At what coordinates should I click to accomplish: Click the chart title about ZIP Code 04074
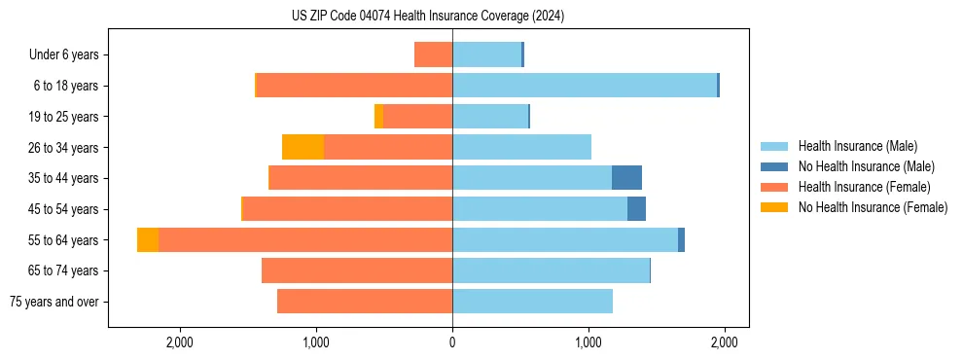[x=428, y=17]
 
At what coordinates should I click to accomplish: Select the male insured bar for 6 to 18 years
[x=585, y=86]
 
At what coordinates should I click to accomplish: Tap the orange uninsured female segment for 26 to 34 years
[x=303, y=147]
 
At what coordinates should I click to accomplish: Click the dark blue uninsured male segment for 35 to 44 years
[x=626, y=178]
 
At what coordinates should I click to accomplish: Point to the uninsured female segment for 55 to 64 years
[x=148, y=239]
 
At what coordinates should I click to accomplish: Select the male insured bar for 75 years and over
[x=532, y=302]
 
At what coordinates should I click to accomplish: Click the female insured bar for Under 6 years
[x=434, y=54]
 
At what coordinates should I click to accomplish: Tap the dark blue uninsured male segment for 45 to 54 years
[x=636, y=209]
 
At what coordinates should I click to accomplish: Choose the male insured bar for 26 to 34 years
[x=521, y=147]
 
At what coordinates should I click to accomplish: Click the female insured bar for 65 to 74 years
[x=357, y=270]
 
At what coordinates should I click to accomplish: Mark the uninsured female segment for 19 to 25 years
[x=378, y=117]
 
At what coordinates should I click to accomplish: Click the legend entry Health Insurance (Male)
[x=857, y=146]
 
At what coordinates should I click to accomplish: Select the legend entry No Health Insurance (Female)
[x=873, y=207]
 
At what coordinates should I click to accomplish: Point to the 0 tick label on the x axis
[x=452, y=342]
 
